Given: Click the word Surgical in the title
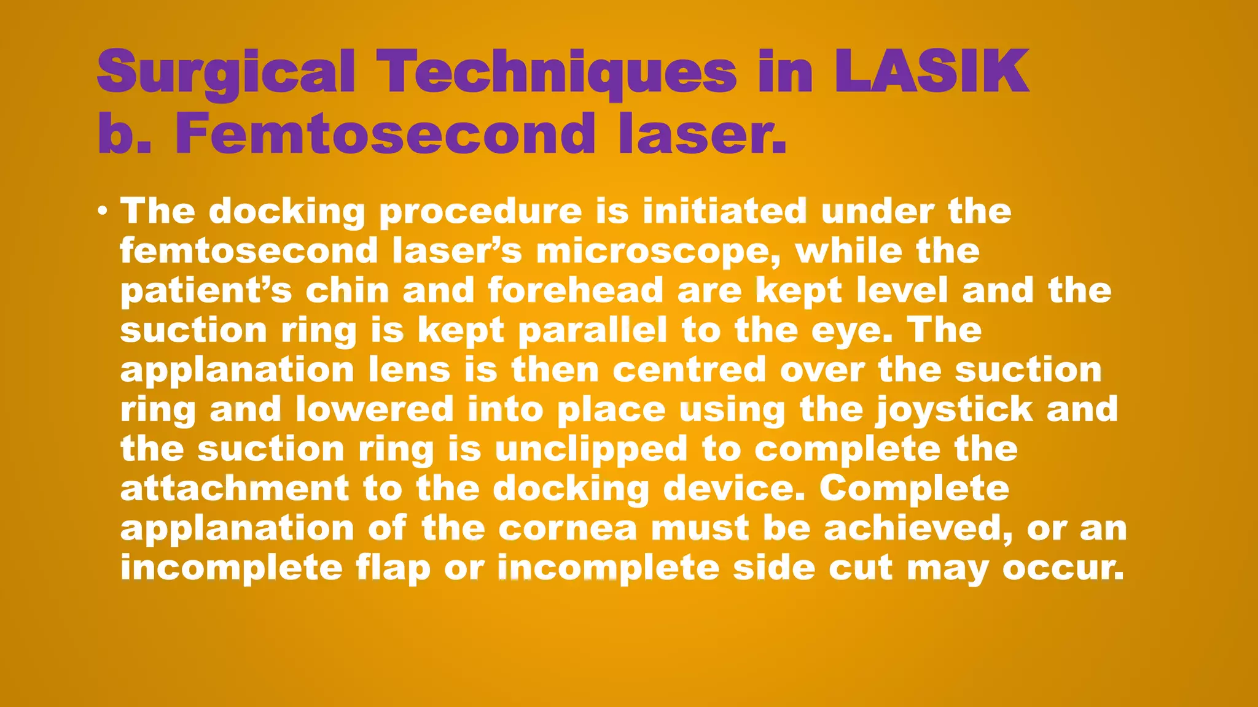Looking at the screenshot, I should (x=226, y=73).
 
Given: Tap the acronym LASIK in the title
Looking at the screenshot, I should (x=931, y=72).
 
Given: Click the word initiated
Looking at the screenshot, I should (x=724, y=211).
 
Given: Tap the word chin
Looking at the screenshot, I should (x=347, y=290).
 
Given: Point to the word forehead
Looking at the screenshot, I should (x=576, y=290).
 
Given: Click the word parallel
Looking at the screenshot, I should (x=593, y=330).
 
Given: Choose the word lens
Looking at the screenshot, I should (x=409, y=370).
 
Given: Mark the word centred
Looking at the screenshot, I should (x=689, y=370).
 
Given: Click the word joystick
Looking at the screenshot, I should (x=955, y=410).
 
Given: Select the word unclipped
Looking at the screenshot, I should (x=591, y=449).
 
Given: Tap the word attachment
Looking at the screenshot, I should (x=235, y=489).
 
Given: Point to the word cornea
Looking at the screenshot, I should (x=568, y=528).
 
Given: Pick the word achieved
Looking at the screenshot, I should (x=918, y=528).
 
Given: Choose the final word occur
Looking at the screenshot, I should (x=1063, y=568).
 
